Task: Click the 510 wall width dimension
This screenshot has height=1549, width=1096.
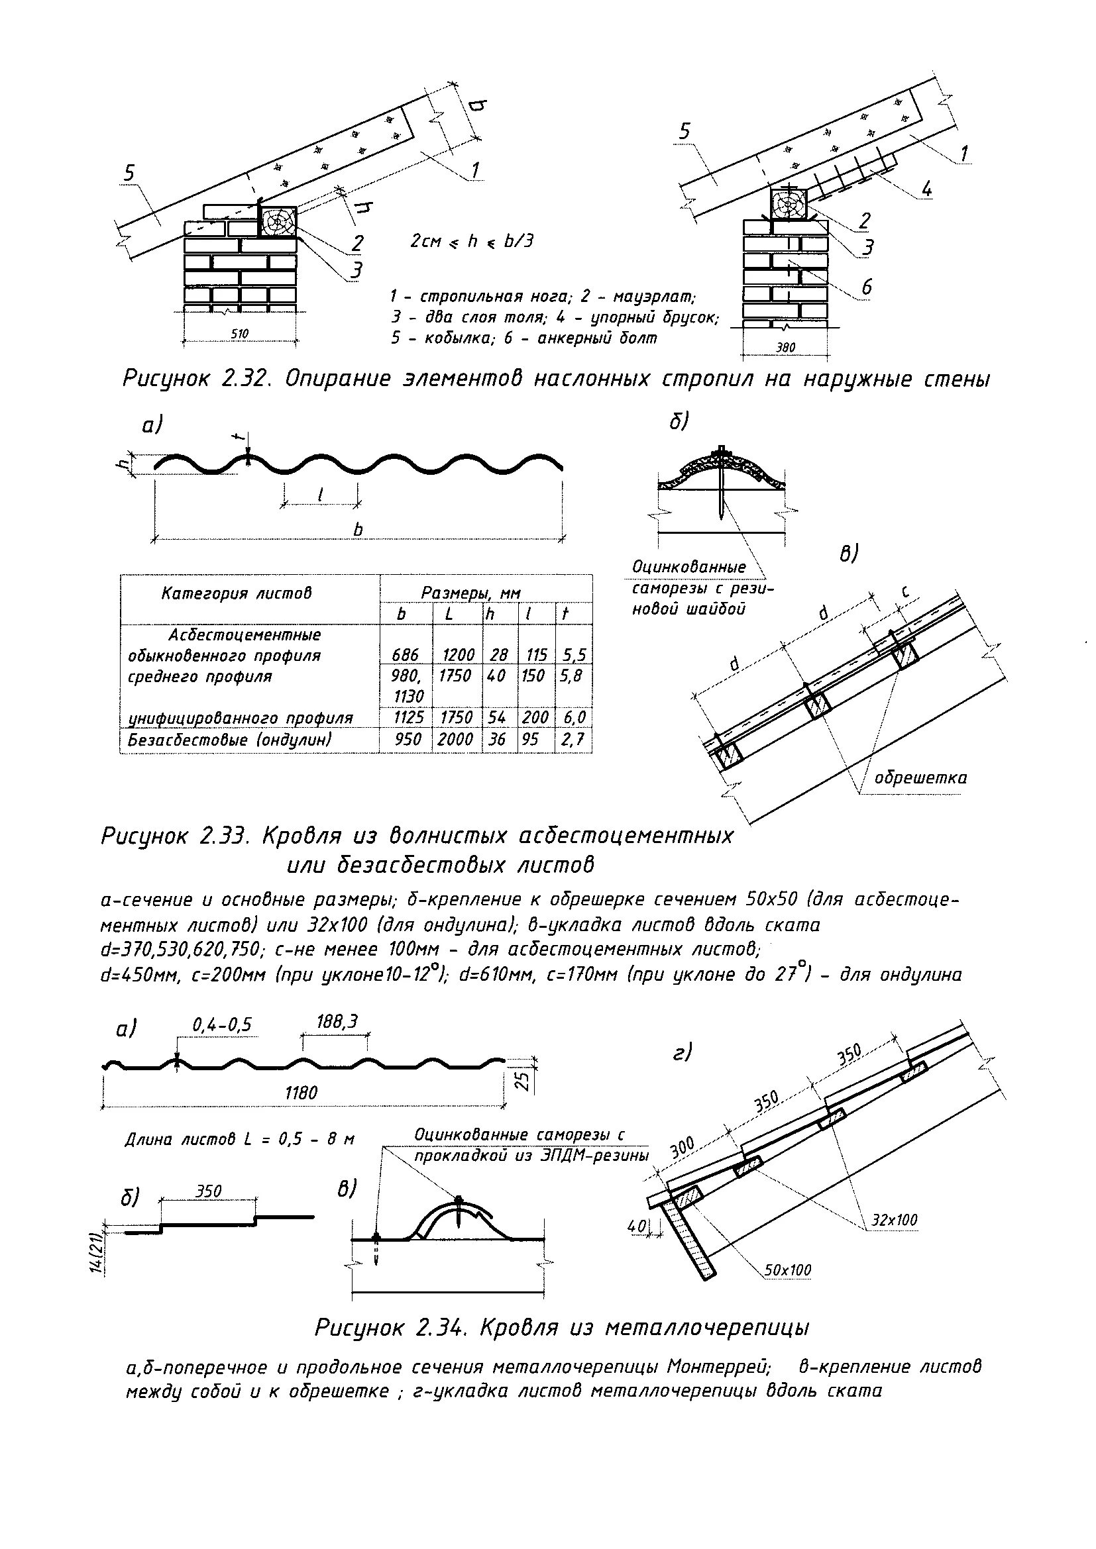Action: coord(240,333)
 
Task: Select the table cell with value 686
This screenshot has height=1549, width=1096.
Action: coord(406,655)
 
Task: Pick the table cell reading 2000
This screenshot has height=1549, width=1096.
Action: coord(455,740)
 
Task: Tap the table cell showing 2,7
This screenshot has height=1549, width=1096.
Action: coord(573,740)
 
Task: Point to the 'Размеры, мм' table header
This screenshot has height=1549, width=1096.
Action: coord(470,592)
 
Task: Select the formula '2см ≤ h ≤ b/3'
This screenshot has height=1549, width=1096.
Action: coord(472,241)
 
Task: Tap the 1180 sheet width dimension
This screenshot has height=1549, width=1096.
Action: coord(300,1092)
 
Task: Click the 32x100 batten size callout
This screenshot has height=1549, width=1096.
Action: coord(894,1220)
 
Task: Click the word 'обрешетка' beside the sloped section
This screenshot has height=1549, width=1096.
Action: coord(920,778)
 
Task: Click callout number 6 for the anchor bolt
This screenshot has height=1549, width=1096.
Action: coord(867,287)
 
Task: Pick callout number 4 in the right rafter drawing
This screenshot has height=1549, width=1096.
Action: coord(926,189)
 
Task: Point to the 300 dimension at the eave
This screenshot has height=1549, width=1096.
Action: coord(683,1148)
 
